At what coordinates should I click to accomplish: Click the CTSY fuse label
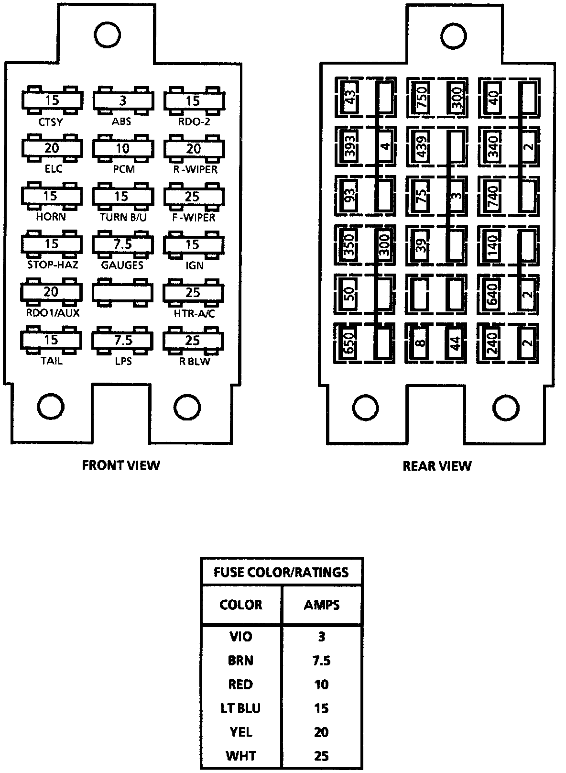click(x=50, y=122)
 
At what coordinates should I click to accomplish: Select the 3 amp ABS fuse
click(x=123, y=101)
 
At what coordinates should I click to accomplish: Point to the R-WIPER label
click(x=195, y=169)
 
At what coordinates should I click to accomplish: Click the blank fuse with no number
click(x=122, y=293)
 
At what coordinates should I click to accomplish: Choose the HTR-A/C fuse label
click(x=194, y=313)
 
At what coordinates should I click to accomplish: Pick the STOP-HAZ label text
click(x=53, y=265)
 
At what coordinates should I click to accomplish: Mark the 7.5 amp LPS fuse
click(x=122, y=340)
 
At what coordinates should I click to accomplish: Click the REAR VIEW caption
click(x=437, y=466)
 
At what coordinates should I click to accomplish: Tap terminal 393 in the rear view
click(x=350, y=147)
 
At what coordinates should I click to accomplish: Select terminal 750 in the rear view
click(x=422, y=98)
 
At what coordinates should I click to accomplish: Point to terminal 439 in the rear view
click(x=422, y=147)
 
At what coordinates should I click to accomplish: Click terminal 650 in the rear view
click(x=348, y=343)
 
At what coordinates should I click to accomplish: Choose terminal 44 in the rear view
click(x=455, y=343)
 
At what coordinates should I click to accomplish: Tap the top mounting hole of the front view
click(x=107, y=35)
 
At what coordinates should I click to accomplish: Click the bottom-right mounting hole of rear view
click(x=506, y=408)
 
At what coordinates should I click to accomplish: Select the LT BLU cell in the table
click(x=240, y=708)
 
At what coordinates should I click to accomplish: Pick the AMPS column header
click(x=321, y=605)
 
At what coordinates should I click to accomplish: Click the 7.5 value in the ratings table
click(x=321, y=660)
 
